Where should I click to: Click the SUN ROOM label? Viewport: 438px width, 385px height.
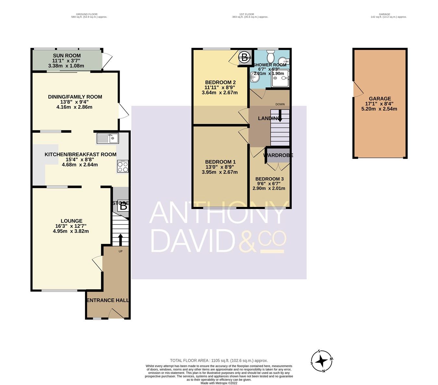(x=67, y=55)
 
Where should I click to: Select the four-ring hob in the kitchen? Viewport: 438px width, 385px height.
(x=123, y=167)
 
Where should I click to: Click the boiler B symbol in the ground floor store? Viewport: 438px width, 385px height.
(x=123, y=206)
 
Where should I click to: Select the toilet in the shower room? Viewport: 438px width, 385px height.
(x=270, y=57)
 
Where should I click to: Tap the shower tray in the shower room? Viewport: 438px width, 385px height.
(x=280, y=78)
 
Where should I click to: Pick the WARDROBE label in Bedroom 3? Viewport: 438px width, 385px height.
(x=278, y=155)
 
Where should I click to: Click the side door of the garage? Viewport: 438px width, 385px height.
(x=358, y=89)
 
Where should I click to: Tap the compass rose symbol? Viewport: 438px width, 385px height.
(x=322, y=361)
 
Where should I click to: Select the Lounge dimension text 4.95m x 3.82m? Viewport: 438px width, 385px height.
(x=71, y=231)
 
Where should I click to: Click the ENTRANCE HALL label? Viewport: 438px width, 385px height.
(x=108, y=300)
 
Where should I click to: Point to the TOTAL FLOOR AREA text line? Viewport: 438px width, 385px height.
(x=219, y=360)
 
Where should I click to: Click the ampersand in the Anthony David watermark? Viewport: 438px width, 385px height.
(x=248, y=242)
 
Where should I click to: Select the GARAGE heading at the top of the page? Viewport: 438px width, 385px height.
(x=384, y=14)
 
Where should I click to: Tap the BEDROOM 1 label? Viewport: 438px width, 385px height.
(x=220, y=162)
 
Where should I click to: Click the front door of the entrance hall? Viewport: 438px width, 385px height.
(x=116, y=314)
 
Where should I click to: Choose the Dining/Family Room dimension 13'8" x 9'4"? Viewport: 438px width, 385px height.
(x=75, y=102)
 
